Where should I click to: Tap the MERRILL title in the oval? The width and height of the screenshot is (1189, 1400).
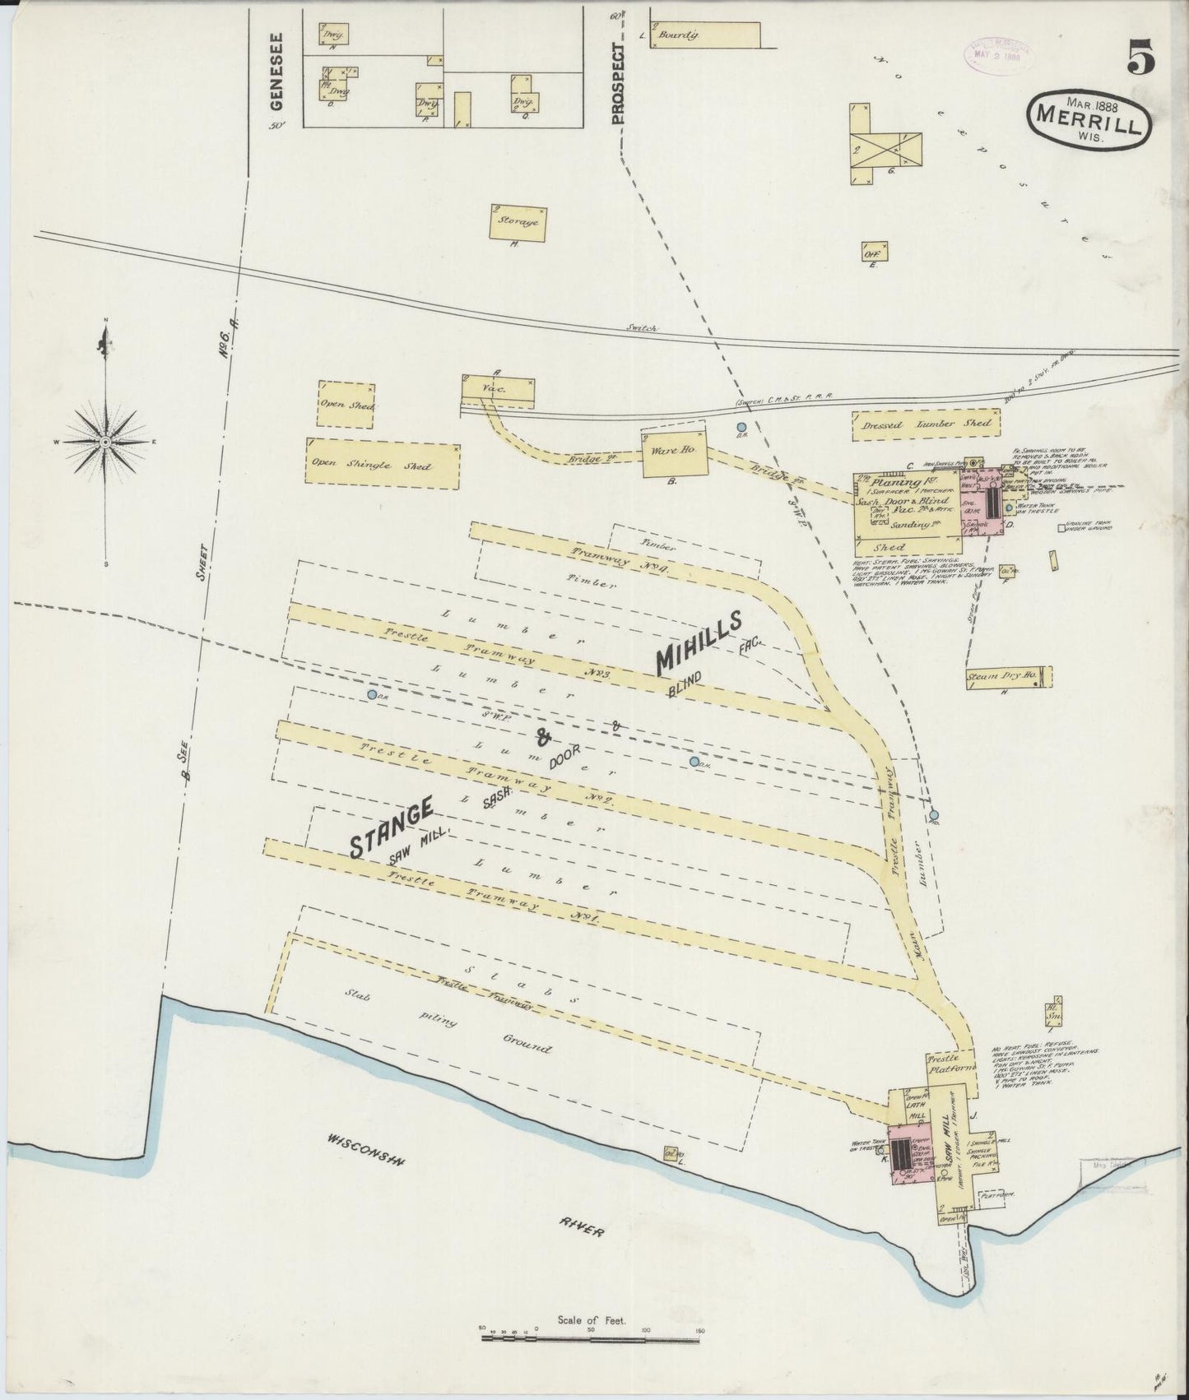tap(1083, 118)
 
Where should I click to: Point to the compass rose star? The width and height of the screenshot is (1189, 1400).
tap(106, 442)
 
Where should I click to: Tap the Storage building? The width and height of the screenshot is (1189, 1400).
tap(518, 222)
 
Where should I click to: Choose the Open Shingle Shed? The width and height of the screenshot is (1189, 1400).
tap(383, 466)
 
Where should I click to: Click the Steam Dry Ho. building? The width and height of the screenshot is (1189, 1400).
tap(1007, 676)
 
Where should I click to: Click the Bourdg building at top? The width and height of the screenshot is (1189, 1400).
tap(704, 34)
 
